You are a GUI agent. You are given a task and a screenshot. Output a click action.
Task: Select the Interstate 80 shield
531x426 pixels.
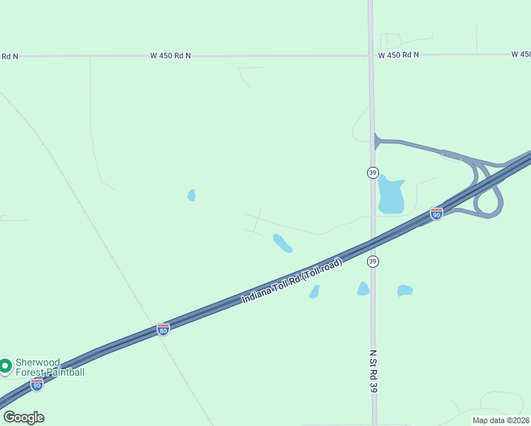[x=163, y=329]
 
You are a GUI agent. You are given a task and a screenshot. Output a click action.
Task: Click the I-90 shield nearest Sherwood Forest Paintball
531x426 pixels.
[x=37, y=384]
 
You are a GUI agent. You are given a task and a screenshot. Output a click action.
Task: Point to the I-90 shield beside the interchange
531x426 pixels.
[x=437, y=213]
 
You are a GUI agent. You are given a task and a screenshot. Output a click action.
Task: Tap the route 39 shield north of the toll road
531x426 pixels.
[x=373, y=173]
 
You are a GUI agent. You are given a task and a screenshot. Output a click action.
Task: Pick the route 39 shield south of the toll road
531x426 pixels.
[x=373, y=262]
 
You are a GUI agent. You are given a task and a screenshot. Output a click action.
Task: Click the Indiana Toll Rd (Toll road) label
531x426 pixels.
[x=292, y=280]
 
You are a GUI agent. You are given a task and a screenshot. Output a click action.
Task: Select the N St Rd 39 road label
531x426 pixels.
[x=373, y=370]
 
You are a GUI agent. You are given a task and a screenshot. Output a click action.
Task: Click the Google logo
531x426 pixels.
[x=23, y=417]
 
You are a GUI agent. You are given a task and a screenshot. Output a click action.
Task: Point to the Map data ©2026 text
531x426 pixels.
[x=500, y=420]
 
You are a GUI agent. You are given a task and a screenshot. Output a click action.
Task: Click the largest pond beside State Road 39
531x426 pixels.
[x=390, y=195]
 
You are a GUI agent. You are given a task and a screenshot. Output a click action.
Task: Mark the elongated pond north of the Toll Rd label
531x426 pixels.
[x=283, y=243]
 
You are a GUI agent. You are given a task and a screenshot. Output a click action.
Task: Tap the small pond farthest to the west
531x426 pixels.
[x=191, y=195]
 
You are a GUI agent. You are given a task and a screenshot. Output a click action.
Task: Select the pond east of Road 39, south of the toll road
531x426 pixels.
[x=405, y=290]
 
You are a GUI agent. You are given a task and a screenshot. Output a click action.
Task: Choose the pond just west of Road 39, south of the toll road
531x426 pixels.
[x=363, y=288]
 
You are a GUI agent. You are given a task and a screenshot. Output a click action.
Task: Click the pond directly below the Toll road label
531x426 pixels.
[x=314, y=291]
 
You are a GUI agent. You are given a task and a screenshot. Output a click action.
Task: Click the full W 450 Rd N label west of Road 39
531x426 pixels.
[x=170, y=55]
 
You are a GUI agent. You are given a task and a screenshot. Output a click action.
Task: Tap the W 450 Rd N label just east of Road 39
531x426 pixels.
[x=398, y=55]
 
